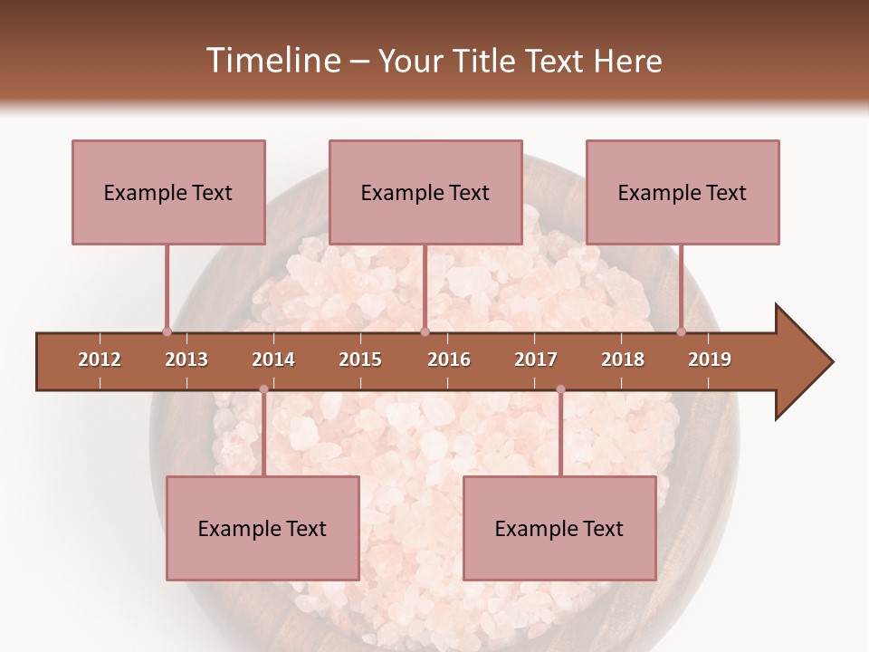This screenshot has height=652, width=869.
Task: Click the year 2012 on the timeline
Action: [100, 360]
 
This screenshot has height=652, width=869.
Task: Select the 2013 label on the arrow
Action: [186, 360]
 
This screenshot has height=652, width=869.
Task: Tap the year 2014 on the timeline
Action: [273, 360]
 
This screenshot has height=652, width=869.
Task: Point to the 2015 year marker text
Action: [360, 360]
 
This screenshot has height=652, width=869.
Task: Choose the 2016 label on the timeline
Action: [449, 360]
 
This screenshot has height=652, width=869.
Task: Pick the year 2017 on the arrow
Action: [536, 360]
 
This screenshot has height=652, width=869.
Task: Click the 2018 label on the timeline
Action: [623, 360]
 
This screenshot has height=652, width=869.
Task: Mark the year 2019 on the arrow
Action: [710, 360]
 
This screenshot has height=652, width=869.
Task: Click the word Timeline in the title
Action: [271, 61]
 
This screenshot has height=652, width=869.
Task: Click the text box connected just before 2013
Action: [168, 192]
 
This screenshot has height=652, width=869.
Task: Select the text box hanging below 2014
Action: [263, 528]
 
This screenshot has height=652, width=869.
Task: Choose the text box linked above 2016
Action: [425, 192]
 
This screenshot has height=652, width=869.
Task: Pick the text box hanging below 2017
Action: [559, 528]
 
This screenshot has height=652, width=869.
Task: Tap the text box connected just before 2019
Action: [683, 192]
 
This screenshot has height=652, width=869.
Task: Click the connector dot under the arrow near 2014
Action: [263, 389]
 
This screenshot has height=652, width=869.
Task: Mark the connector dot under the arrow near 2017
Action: [560, 389]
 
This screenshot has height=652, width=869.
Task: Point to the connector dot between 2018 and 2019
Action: [682, 331]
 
